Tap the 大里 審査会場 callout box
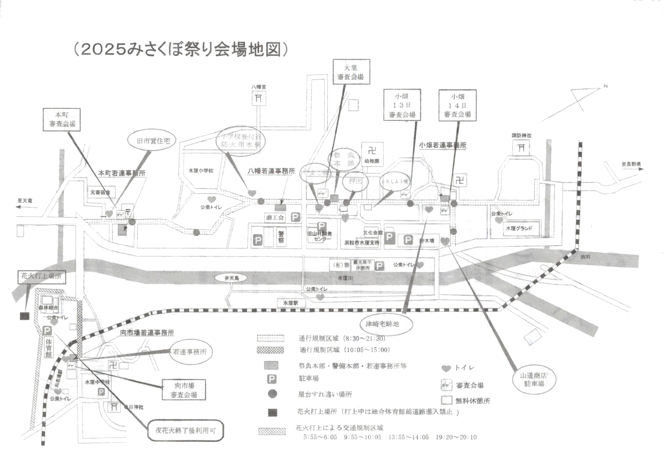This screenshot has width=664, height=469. click(x=351, y=72)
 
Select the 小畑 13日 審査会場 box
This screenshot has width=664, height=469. click(x=402, y=105)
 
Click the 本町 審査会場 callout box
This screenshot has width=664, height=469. click(x=62, y=120)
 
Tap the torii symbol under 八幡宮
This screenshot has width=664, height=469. click(x=258, y=98)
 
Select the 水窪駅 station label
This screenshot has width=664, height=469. click(x=291, y=303)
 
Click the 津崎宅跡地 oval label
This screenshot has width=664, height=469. click(x=382, y=324)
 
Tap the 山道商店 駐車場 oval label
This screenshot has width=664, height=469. click(x=534, y=379)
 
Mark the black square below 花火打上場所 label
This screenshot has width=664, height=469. click(x=25, y=316)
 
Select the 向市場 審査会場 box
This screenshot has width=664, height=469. click(x=183, y=390)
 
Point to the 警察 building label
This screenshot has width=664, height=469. click(x=281, y=237)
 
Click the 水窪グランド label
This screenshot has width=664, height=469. click(x=519, y=228)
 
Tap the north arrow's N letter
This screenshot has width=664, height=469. click(x=605, y=86)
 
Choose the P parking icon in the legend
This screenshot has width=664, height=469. click(x=271, y=379)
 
